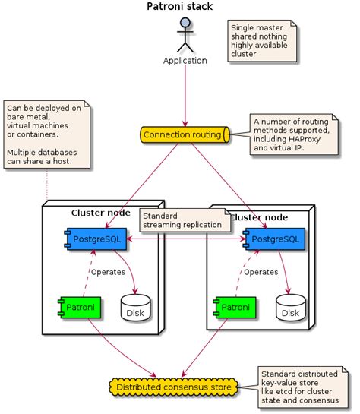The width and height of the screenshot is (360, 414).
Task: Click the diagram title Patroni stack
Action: (179, 7)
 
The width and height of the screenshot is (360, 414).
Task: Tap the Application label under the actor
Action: (185, 60)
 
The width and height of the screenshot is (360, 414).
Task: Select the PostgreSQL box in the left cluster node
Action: (93, 239)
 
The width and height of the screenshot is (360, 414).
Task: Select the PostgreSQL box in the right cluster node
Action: (273, 240)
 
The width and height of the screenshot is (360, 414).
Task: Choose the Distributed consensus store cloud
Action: (173, 388)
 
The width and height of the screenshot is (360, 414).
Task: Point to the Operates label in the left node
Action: (108, 272)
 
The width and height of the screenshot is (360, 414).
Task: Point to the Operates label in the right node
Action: (261, 271)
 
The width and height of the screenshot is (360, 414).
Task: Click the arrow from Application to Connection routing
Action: (185, 95)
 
